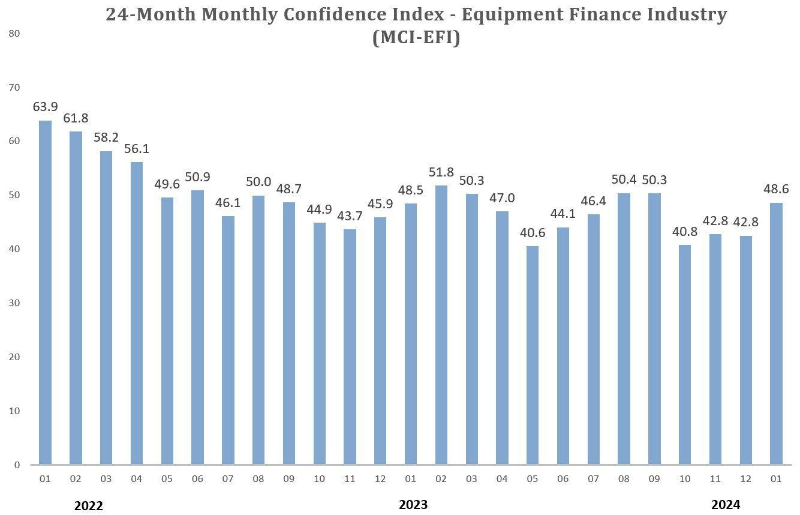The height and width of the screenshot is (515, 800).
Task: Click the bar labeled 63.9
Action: (x=45, y=292)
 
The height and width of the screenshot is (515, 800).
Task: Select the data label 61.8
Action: (x=76, y=118)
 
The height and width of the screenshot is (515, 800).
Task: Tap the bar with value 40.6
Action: (x=533, y=355)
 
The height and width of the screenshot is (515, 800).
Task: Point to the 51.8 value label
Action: (x=441, y=172)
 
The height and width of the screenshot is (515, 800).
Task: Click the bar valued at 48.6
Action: (x=776, y=333)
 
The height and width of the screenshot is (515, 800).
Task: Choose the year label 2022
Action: (x=89, y=505)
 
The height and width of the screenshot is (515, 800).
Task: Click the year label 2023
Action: (x=413, y=504)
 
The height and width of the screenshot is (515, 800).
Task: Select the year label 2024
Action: (x=726, y=504)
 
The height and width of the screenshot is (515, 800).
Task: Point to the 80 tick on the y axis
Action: (x=15, y=34)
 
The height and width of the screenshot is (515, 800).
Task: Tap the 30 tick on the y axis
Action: (x=15, y=303)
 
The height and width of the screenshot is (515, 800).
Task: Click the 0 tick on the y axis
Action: (x=17, y=465)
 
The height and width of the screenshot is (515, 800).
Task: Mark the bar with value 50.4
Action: (x=624, y=328)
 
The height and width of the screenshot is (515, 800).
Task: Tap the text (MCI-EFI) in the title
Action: (x=416, y=38)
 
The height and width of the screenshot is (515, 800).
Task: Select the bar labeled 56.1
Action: (x=136, y=313)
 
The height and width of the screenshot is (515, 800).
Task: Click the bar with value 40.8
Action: (x=685, y=354)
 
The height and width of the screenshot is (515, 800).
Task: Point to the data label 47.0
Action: (x=502, y=198)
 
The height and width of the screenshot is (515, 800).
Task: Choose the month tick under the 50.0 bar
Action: (x=258, y=478)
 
